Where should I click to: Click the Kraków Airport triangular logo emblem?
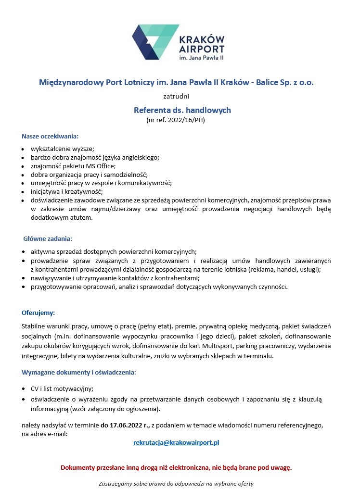tap(155, 42)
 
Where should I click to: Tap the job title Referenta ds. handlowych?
tap(182, 110)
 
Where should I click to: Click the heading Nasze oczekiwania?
tap(50, 136)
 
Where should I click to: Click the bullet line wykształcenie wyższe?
tap(63, 149)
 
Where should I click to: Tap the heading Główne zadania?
tap(48, 238)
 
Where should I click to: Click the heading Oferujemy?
tap(38, 313)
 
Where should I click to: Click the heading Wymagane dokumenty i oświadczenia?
tap(78, 372)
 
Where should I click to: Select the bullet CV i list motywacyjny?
tap(62, 388)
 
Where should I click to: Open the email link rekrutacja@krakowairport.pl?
tap(176, 442)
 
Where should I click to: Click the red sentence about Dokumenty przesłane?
tap(176, 467)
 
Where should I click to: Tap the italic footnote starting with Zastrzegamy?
tap(176, 483)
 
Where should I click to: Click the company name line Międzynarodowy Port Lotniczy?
tap(176, 82)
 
